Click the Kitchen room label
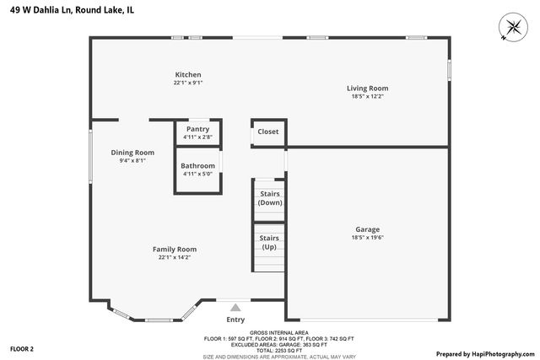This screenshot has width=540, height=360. point(187,74)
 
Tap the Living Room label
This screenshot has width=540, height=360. point(367,88)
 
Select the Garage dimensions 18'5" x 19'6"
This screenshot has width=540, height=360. point(367,238)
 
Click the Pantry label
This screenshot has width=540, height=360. point(197,129)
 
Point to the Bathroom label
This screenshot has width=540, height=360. point(197,165)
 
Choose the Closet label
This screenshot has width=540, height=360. point(268,132)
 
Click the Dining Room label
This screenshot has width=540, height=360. point(132,153)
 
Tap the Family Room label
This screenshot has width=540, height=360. point(175,249)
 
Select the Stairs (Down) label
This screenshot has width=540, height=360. point(270,198)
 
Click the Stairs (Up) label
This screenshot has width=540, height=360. point(269,242)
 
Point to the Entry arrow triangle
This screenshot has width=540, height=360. point(235,308)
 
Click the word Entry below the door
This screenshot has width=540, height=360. point(235,320)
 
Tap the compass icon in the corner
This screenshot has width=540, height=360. point(511,27)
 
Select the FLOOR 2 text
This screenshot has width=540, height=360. point(22,348)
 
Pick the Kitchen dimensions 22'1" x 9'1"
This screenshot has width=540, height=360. point(187,83)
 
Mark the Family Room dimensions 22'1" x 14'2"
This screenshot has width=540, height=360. point(175,257)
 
